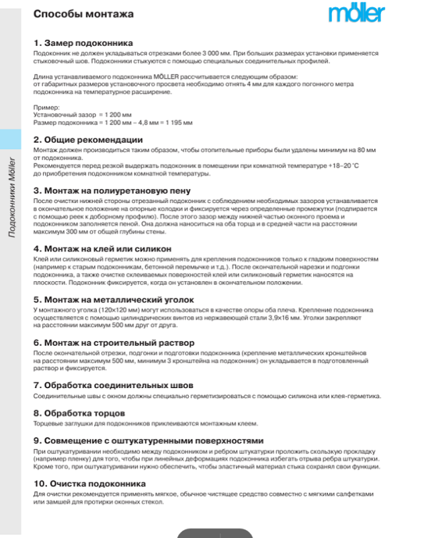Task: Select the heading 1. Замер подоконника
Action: pos(87,42)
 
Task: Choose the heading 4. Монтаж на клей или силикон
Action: pos(107,248)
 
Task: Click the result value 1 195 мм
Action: pos(178,122)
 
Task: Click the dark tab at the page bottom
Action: pos(214,533)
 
